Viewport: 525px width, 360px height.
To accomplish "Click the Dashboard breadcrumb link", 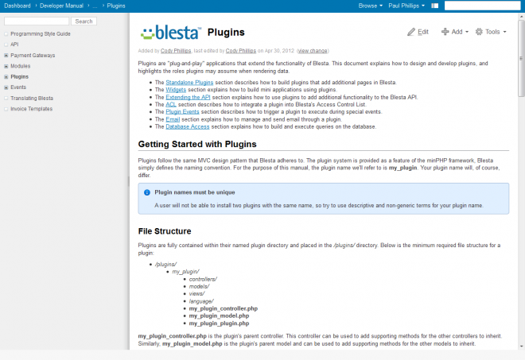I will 17,5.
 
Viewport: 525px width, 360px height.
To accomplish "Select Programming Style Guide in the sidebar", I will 41,34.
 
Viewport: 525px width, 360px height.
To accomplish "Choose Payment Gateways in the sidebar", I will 33,55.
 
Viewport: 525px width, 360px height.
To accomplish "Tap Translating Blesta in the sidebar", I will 33,97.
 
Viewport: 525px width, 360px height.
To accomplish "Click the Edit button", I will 418,32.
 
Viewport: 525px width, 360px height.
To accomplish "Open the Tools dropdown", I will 491,32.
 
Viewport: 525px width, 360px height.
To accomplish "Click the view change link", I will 313,50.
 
